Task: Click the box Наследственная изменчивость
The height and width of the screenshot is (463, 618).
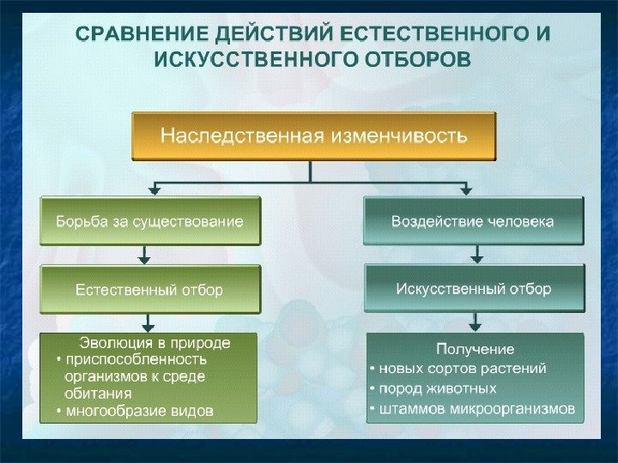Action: (x=313, y=135)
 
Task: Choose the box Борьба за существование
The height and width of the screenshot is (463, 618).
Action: (x=149, y=221)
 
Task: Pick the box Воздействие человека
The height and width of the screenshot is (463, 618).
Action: (x=473, y=221)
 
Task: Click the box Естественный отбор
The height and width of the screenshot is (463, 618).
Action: (x=149, y=289)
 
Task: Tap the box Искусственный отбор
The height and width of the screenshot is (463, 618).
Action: (x=473, y=288)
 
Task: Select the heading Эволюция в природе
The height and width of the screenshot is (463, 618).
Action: (x=155, y=342)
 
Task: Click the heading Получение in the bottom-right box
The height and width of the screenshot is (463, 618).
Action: (x=475, y=349)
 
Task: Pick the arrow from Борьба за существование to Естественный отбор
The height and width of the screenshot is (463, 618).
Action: (x=144, y=255)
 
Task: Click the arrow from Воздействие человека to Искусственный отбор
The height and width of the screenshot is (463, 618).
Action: (x=476, y=254)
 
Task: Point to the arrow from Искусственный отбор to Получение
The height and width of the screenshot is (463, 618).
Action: (x=475, y=322)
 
